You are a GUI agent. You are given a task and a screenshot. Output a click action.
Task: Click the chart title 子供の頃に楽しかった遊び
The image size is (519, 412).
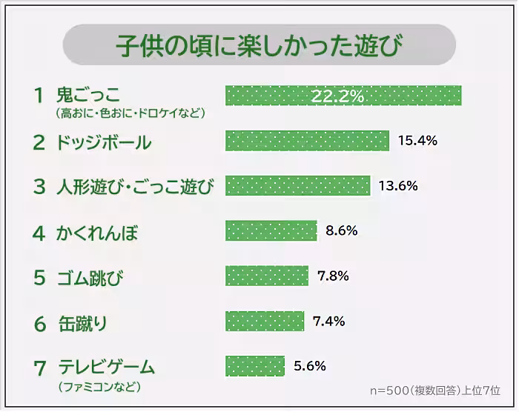tap(259, 45)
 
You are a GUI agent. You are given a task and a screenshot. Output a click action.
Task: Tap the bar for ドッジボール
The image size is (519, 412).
tap(307, 140)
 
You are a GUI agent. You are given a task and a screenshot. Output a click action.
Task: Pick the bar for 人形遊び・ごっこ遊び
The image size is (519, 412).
tap(297, 185)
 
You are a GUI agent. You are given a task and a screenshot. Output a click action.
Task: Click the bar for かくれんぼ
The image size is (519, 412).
tap(271, 230)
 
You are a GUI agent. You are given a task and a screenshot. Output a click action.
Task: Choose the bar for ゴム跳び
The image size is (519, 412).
tap(266, 276)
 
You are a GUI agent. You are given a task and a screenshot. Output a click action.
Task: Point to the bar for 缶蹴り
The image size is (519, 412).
tap(265, 321)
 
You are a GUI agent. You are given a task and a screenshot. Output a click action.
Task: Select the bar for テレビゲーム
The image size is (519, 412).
tap(255, 365)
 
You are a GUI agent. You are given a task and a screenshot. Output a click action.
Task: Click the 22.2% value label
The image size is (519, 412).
tap(337, 96)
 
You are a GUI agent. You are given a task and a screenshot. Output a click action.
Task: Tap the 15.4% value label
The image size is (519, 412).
tap(417, 140)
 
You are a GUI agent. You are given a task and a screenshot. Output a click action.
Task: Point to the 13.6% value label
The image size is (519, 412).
tap(398, 185)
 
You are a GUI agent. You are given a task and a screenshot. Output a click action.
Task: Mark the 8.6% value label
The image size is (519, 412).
tap(342, 230)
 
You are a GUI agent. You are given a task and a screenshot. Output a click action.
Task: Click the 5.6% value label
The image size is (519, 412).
tap(310, 365)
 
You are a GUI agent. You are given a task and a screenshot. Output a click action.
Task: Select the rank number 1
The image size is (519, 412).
tap(39, 95)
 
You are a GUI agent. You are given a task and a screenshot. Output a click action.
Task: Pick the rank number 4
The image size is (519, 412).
tap(39, 233)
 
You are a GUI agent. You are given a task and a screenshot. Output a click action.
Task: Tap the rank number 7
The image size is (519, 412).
tap(40, 367)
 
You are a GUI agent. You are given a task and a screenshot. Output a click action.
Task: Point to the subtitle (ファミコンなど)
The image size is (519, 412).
tap(98, 386)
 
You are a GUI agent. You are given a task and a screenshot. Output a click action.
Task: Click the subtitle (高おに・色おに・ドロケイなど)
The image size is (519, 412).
tap(130, 113)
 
